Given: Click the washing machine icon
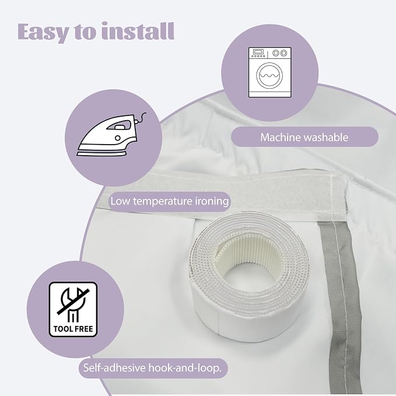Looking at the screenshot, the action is coord(269,72).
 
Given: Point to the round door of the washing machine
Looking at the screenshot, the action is coord(269,76).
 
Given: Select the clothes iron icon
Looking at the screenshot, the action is coord(111,135).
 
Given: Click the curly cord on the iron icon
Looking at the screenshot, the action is coord(141,118).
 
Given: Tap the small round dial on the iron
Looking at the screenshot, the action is coord(118,138).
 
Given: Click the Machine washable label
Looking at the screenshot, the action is coord(304,137).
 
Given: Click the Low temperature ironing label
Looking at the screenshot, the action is coord(170,201).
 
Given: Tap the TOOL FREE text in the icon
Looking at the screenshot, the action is coord(73,328).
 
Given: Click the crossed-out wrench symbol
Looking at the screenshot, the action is coord(73,304).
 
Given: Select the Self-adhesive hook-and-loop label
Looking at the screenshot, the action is coord(152,368).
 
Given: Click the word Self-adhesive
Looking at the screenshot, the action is coord(114,367).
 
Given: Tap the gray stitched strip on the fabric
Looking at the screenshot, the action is coord(341,303).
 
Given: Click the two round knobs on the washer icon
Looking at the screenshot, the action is coord(280,53).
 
